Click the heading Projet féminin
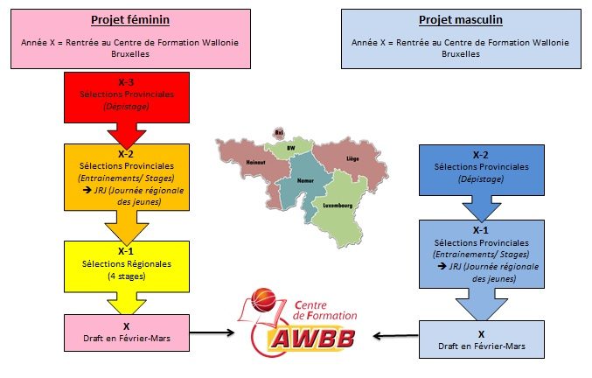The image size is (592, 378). point(130,20)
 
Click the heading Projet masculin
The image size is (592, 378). point(461,20)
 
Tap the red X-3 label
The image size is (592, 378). point(126,82)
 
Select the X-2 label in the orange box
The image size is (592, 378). point(126,154)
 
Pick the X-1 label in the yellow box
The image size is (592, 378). point(126,251)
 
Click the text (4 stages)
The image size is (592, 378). point(127,276)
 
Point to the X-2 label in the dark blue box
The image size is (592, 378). point(481,155)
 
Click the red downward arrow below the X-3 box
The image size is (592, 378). point(127,136)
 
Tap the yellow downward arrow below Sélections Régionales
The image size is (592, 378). point(127,303)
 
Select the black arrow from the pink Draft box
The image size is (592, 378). point(212,332)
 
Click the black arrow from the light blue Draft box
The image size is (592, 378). point(395,335)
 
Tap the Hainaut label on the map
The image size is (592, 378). point(255,163)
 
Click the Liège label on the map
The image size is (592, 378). point(352,158)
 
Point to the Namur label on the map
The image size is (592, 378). point(305,180)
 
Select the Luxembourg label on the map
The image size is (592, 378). point(338,206)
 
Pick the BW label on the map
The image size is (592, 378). point(290,148)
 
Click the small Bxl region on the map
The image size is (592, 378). point(279,132)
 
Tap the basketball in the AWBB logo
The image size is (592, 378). point(263,300)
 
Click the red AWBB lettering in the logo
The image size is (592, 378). point(312,339)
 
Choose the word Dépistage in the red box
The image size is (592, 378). point(127,107)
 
